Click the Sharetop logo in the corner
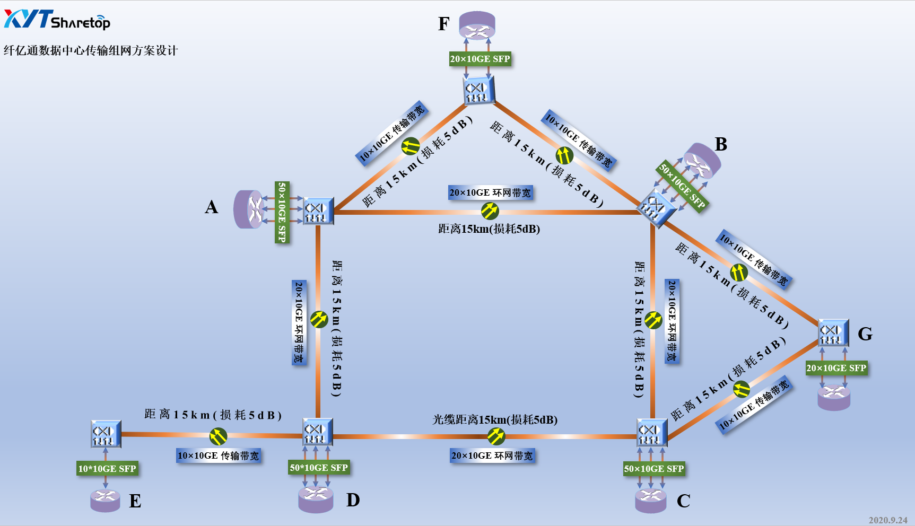coord(57,20)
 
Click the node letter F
coord(444,24)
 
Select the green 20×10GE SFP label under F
coord(480,59)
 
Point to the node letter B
coord(721,144)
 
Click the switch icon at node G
coord(833,332)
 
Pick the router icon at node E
coord(105,499)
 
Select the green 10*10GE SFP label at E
coord(107,469)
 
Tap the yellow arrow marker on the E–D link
coord(218,436)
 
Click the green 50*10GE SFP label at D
coord(319,468)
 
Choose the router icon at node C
coord(651,500)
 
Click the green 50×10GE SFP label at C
coord(654,469)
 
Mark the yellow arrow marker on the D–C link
coord(496,436)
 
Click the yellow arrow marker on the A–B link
coord(490,211)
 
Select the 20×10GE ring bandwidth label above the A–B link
coord(490,193)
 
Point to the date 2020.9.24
coord(887,520)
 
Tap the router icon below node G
coord(834,397)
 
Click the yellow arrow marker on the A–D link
coord(319,319)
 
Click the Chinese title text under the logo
coord(91,50)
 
